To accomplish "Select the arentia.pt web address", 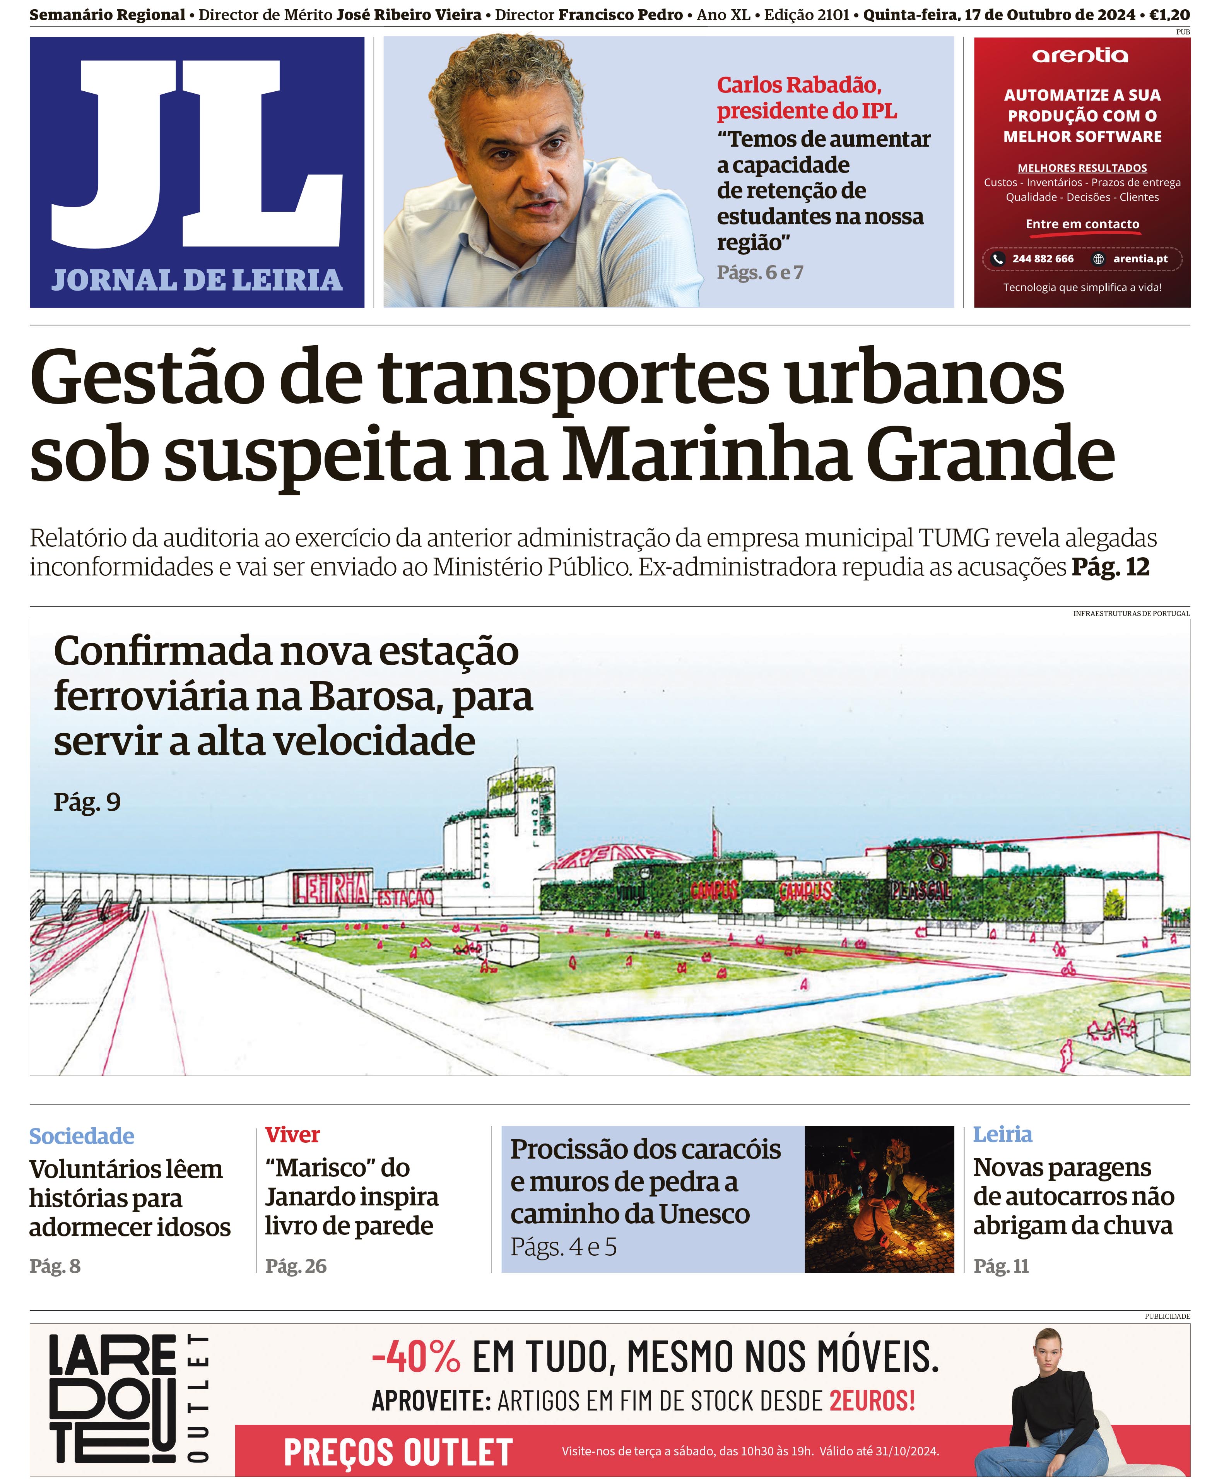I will click(x=1140, y=259).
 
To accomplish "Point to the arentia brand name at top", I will click(x=1080, y=56).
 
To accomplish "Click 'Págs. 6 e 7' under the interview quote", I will click(x=760, y=272).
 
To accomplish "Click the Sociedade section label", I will click(x=82, y=1136).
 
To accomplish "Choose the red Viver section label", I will click(x=292, y=1135).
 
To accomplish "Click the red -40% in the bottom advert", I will click(x=416, y=1357).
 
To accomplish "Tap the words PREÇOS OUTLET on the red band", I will click(x=398, y=1452).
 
